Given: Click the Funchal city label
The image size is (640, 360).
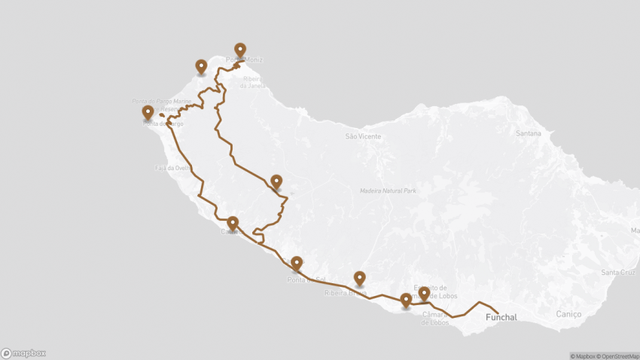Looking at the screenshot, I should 501,317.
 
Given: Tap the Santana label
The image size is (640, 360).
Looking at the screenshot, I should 529,133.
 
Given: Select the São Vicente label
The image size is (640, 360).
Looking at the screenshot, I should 363,136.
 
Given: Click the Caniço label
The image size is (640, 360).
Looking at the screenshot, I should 568,313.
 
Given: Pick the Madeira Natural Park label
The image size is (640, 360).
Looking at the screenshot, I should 388,191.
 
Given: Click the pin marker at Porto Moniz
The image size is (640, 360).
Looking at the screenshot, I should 240,50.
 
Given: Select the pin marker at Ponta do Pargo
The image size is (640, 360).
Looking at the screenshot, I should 148,112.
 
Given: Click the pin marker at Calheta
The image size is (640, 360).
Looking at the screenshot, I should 233,223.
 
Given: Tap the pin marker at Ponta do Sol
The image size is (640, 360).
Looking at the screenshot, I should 297,263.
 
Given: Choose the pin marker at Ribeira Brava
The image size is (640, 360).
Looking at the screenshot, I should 360,278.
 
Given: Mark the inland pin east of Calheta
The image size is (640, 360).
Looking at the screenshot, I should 276,181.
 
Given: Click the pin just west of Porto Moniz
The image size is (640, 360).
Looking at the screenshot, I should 201,66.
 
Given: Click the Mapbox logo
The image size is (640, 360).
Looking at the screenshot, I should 23,352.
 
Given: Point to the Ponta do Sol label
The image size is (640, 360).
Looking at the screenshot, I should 306,280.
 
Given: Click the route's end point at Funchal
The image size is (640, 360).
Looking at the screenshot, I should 498,312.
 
